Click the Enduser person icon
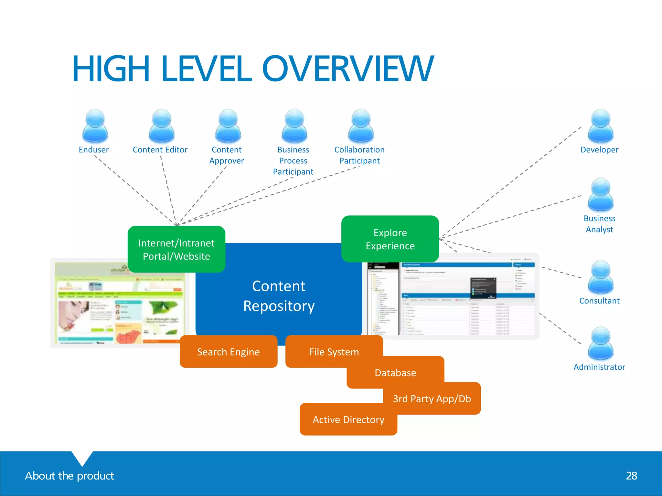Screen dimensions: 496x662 [95, 126]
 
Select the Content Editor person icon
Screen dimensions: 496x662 [161, 126]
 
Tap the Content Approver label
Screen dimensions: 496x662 [227, 155]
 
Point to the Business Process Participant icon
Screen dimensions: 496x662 [294, 126]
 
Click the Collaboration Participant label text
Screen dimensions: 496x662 [359, 155]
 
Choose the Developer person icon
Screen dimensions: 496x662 [600, 126]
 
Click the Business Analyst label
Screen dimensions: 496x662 [599, 224]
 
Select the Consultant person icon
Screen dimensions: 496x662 [600, 277]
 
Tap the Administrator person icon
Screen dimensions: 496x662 [600, 343]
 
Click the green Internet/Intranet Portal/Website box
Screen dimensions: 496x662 [176, 249]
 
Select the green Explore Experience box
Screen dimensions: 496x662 [390, 239]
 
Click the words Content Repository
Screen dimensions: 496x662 [279, 296]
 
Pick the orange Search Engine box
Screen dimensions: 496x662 [229, 352]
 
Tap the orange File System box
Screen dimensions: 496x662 [334, 352]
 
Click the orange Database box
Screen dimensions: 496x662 [395, 373]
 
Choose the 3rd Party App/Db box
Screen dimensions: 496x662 [432, 399]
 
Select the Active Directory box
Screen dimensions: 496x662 [348, 419]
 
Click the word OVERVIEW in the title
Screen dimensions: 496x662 [348, 69]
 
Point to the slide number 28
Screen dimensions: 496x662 [631, 476]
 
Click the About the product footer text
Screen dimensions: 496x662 [69, 476]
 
